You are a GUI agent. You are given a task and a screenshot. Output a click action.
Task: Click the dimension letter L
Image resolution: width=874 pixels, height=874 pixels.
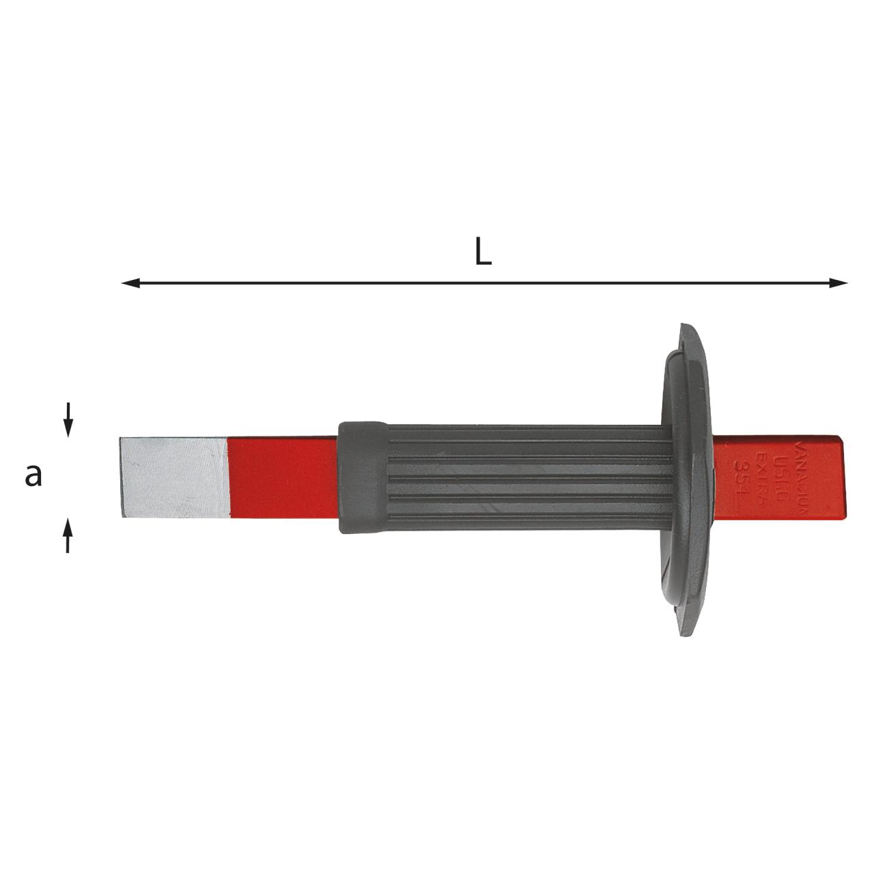483,253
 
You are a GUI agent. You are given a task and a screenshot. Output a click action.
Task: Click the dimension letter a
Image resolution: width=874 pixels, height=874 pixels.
33,475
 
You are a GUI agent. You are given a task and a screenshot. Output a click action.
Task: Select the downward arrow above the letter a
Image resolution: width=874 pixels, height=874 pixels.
68,421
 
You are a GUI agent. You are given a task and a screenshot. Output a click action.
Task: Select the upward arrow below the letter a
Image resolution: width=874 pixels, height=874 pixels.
68,534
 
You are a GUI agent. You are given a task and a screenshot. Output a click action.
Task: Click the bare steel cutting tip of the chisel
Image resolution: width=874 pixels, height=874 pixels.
173,476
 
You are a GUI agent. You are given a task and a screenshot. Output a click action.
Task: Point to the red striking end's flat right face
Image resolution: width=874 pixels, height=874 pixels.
845,476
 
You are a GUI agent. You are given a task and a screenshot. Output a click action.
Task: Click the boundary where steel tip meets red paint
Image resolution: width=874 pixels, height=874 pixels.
227,476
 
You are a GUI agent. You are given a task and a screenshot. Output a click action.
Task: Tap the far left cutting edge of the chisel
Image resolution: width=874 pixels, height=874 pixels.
121,476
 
